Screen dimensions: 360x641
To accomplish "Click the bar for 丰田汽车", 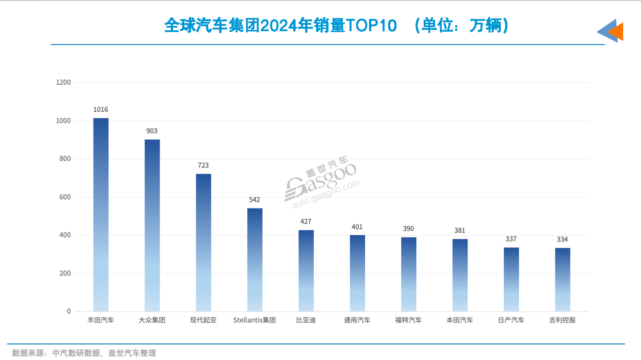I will pyautogui.click(x=101, y=214).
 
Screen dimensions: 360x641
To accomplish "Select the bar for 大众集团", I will pyautogui.click(x=152, y=225).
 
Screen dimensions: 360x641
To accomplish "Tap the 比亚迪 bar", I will pyautogui.click(x=306, y=270).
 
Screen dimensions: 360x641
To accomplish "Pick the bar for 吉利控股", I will pyautogui.click(x=563, y=279).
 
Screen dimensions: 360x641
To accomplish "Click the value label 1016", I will pyautogui.click(x=101, y=110).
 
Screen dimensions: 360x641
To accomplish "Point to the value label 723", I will pyautogui.click(x=203, y=165).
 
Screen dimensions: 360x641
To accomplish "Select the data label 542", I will pyautogui.click(x=255, y=200).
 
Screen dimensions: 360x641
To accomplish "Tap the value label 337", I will pyautogui.click(x=511, y=239).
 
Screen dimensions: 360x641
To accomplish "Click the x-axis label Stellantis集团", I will pyautogui.click(x=255, y=320).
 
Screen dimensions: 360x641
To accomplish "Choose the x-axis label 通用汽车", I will pyautogui.click(x=357, y=320).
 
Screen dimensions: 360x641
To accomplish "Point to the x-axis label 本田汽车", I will pyautogui.click(x=460, y=320).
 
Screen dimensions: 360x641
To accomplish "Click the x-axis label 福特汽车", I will pyautogui.click(x=408, y=320).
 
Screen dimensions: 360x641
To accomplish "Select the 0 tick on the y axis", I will pyautogui.click(x=69, y=311).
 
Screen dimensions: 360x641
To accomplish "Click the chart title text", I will pyautogui.click(x=337, y=26).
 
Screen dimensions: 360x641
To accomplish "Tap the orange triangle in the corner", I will pyautogui.click(x=616, y=32).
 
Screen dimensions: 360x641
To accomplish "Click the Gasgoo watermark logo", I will pyautogui.click(x=321, y=183).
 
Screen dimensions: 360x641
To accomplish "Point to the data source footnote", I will pyautogui.click(x=84, y=353).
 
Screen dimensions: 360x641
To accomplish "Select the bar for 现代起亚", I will pyautogui.click(x=203, y=242).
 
